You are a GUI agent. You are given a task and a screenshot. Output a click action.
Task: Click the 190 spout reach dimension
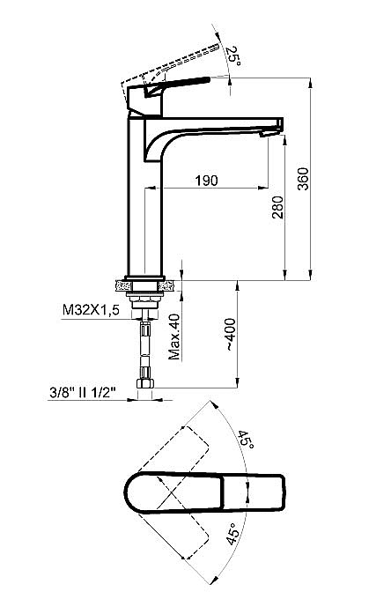coord(205,181)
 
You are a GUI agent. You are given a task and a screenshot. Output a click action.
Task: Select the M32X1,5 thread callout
coord(91,310)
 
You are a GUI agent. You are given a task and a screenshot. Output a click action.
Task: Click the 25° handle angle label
coord(233,58)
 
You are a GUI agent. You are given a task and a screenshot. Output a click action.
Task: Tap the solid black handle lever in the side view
coord(185,84)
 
